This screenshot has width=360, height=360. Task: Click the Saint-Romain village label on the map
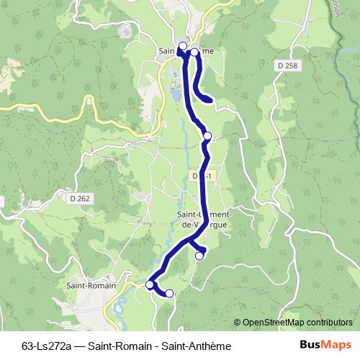[87, 285]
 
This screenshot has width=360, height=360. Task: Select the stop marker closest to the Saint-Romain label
[150, 284]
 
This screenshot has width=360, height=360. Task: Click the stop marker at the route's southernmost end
[170, 293]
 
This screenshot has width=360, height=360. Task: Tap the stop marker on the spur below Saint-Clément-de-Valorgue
[200, 254]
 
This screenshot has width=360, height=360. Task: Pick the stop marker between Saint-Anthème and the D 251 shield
[207, 135]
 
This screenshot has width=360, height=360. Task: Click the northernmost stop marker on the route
[182, 47]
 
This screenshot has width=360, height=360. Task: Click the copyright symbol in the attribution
[237, 323]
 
